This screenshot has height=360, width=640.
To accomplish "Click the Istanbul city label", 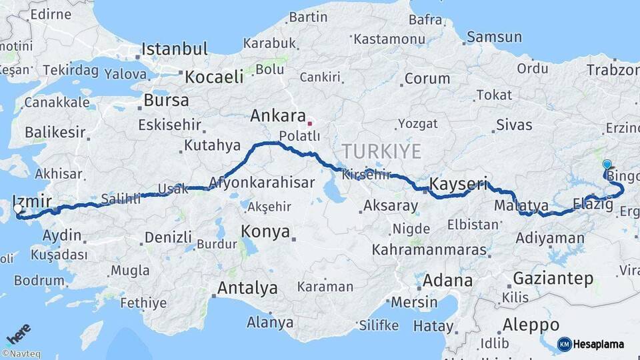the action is (x=175, y=49).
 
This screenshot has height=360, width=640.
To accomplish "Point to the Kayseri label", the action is (x=459, y=183).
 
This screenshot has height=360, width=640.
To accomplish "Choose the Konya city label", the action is (x=265, y=232).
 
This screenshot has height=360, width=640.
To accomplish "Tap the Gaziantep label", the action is (x=553, y=279).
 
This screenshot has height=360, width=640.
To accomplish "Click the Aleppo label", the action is (x=531, y=325).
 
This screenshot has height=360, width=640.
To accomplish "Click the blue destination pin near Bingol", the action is (x=607, y=165).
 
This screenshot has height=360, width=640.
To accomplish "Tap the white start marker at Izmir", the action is (x=18, y=209).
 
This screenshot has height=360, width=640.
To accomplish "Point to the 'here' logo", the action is (x=19, y=334).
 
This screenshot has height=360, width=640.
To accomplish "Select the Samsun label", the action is (x=494, y=37).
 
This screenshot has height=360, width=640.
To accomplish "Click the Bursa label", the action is (x=166, y=101).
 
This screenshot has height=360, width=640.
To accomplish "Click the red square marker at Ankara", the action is (x=309, y=123).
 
